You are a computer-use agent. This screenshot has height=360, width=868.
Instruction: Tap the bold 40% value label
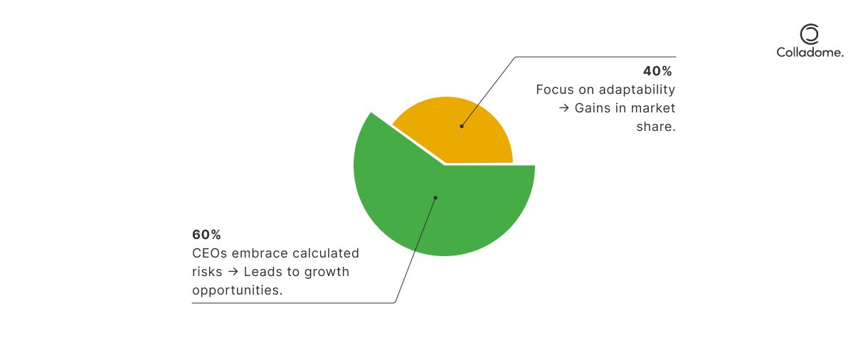click(657, 71)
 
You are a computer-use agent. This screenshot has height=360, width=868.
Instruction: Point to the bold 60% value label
click(206, 235)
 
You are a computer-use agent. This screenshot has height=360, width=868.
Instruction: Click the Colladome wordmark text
click(810, 53)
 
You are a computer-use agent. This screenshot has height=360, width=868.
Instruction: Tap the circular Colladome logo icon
click(810, 34)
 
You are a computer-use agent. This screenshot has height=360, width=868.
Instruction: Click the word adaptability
click(637, 90)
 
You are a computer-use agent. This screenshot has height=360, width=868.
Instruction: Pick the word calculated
click(326, 253)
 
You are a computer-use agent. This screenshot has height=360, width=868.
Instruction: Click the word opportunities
click(237, 290)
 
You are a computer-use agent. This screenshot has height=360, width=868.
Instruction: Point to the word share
click(656, 127)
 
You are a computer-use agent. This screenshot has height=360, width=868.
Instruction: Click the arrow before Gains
click(563, 108)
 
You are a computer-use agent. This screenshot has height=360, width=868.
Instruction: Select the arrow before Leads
click(233, 272)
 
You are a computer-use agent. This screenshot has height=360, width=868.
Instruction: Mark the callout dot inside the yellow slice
click(462, 127)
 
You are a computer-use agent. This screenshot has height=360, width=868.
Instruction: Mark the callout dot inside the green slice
click(435, 198)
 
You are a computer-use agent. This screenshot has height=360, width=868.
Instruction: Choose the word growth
click(327, 272)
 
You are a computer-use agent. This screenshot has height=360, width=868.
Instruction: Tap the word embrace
click(260, 253)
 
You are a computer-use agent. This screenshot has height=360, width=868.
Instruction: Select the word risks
click(207, 272)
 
